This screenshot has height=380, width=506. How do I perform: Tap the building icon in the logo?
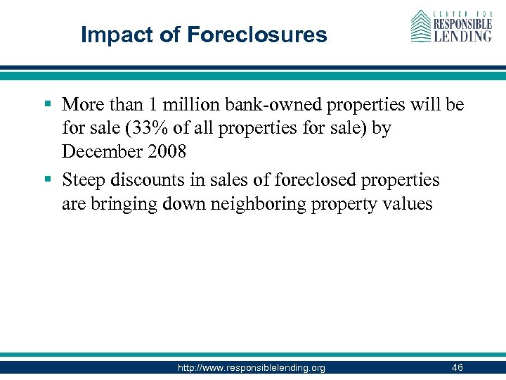point(421,26)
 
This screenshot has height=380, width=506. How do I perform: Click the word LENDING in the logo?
point(462,35)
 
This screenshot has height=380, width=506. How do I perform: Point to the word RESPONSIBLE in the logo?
point(462,23)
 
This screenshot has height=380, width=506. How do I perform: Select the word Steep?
point(85,180)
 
